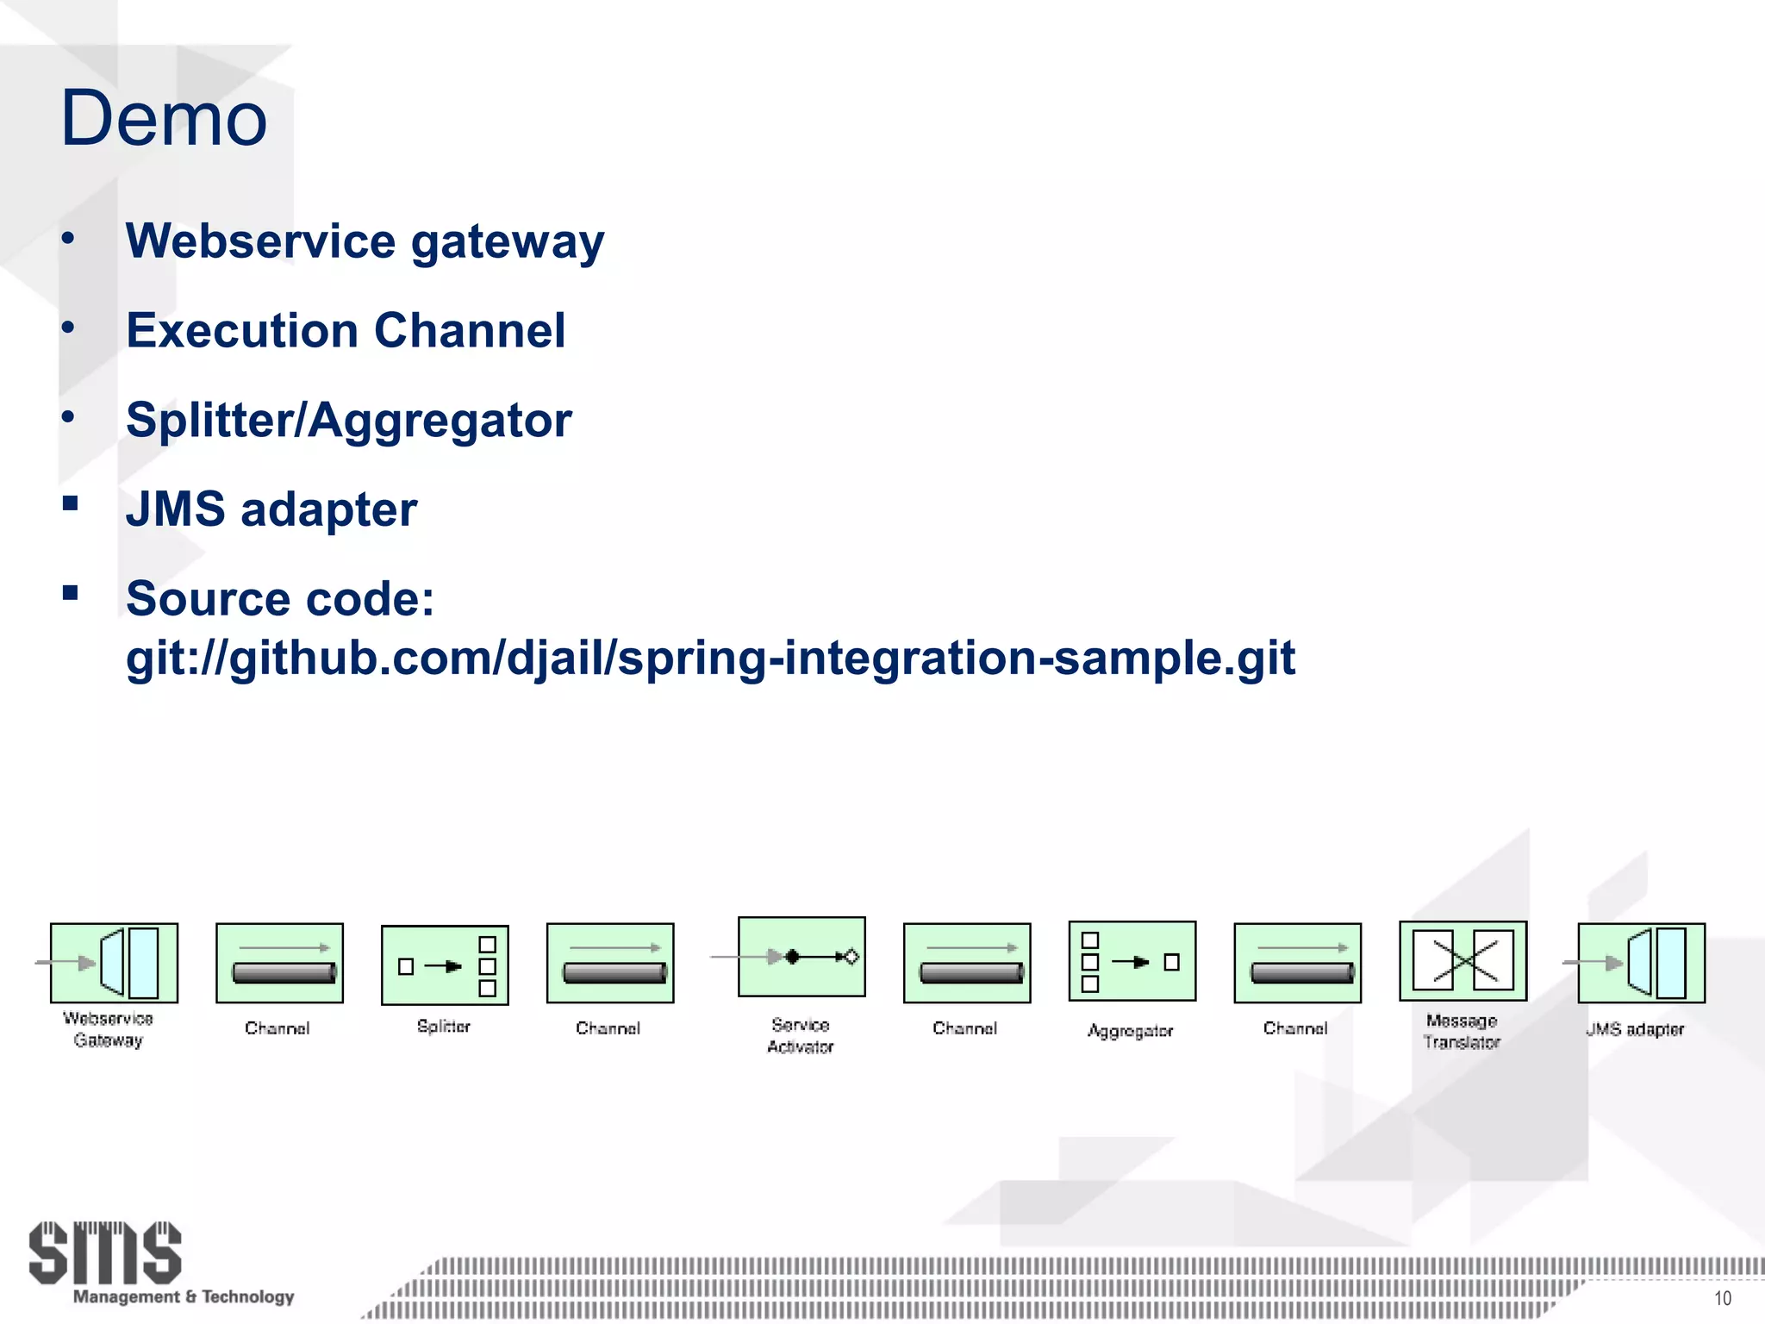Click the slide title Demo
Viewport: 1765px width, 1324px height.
(164, 118)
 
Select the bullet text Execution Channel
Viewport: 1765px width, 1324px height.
(346, 330)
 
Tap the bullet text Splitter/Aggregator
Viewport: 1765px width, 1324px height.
(348, 420)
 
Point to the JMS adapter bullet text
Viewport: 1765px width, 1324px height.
(271, 509)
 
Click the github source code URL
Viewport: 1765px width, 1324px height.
(709, 659)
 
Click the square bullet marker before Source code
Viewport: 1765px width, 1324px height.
(71, 593)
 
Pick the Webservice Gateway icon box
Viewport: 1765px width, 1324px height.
(114, 963)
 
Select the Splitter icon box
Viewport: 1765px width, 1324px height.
(445, 965)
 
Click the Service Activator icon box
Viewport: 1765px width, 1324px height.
(801, 957)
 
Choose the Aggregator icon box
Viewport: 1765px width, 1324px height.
(1132, 961)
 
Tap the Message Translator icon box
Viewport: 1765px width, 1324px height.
(1463, 960)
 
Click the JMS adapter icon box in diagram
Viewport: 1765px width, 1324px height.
(1641, 963)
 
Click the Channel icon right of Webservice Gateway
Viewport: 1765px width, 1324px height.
(279, 963)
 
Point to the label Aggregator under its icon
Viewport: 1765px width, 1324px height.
(1130, 1031)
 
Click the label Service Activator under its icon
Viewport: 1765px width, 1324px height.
(801, 1035)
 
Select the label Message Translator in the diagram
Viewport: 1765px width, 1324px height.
(1462, 1031)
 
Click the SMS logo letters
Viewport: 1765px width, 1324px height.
(105, 1252)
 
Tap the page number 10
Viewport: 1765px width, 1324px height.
(1722, 1298)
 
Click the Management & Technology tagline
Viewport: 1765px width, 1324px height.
(184, 1296)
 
